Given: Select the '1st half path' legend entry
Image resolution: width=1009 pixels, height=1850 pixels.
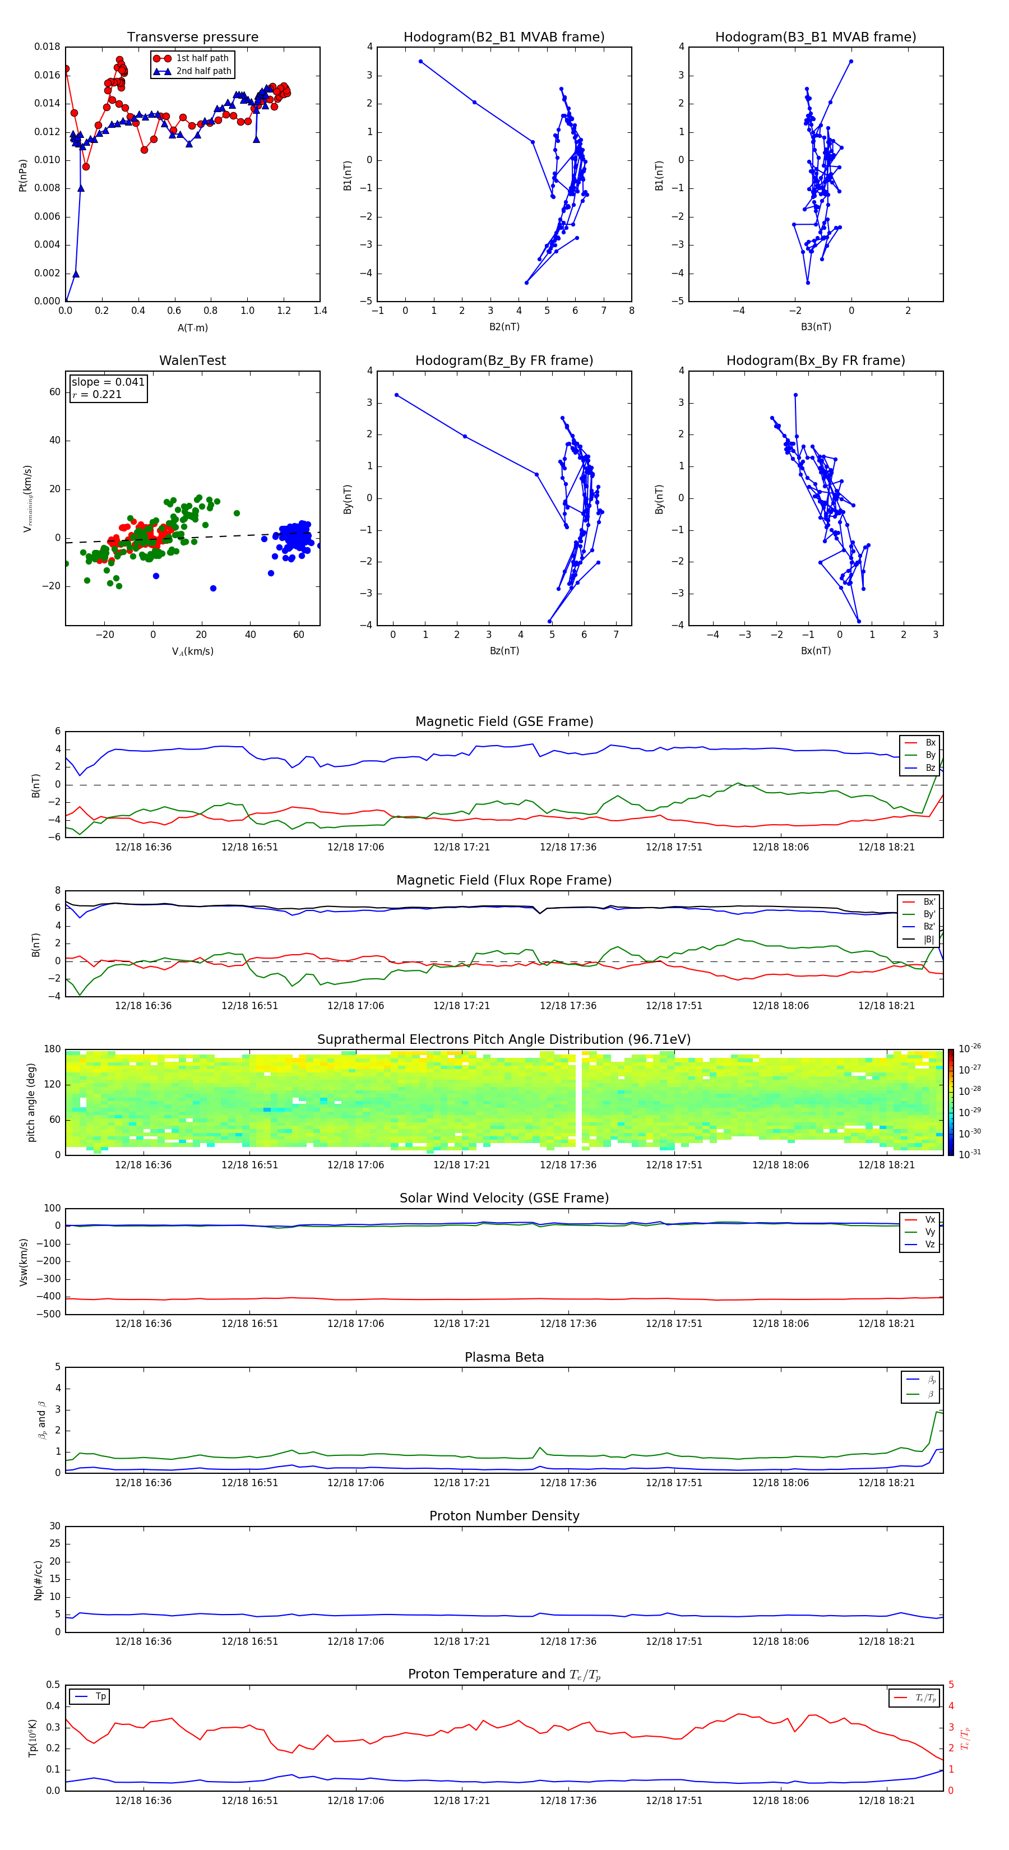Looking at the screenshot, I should coord(202,58).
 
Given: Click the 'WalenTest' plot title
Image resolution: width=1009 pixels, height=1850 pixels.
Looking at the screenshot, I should coord(192,360).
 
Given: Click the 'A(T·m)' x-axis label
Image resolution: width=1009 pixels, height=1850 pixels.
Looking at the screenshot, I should coord(192,328).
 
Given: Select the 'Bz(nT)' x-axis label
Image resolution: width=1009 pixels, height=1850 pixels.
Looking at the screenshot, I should coord(504,651).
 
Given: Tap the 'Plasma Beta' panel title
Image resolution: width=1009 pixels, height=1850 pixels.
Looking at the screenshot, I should coord(504,1357).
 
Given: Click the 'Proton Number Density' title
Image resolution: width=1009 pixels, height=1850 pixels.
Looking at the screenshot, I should coord(504,1516).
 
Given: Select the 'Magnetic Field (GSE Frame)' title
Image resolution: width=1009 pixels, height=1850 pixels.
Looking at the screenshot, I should coord(504,721).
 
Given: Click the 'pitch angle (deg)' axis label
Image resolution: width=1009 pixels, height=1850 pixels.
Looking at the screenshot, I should coord(31,1102).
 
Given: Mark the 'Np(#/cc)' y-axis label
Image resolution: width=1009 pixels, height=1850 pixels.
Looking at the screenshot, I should coord(38,1580).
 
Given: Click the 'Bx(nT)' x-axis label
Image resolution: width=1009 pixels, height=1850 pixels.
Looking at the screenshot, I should coord(815,651).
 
